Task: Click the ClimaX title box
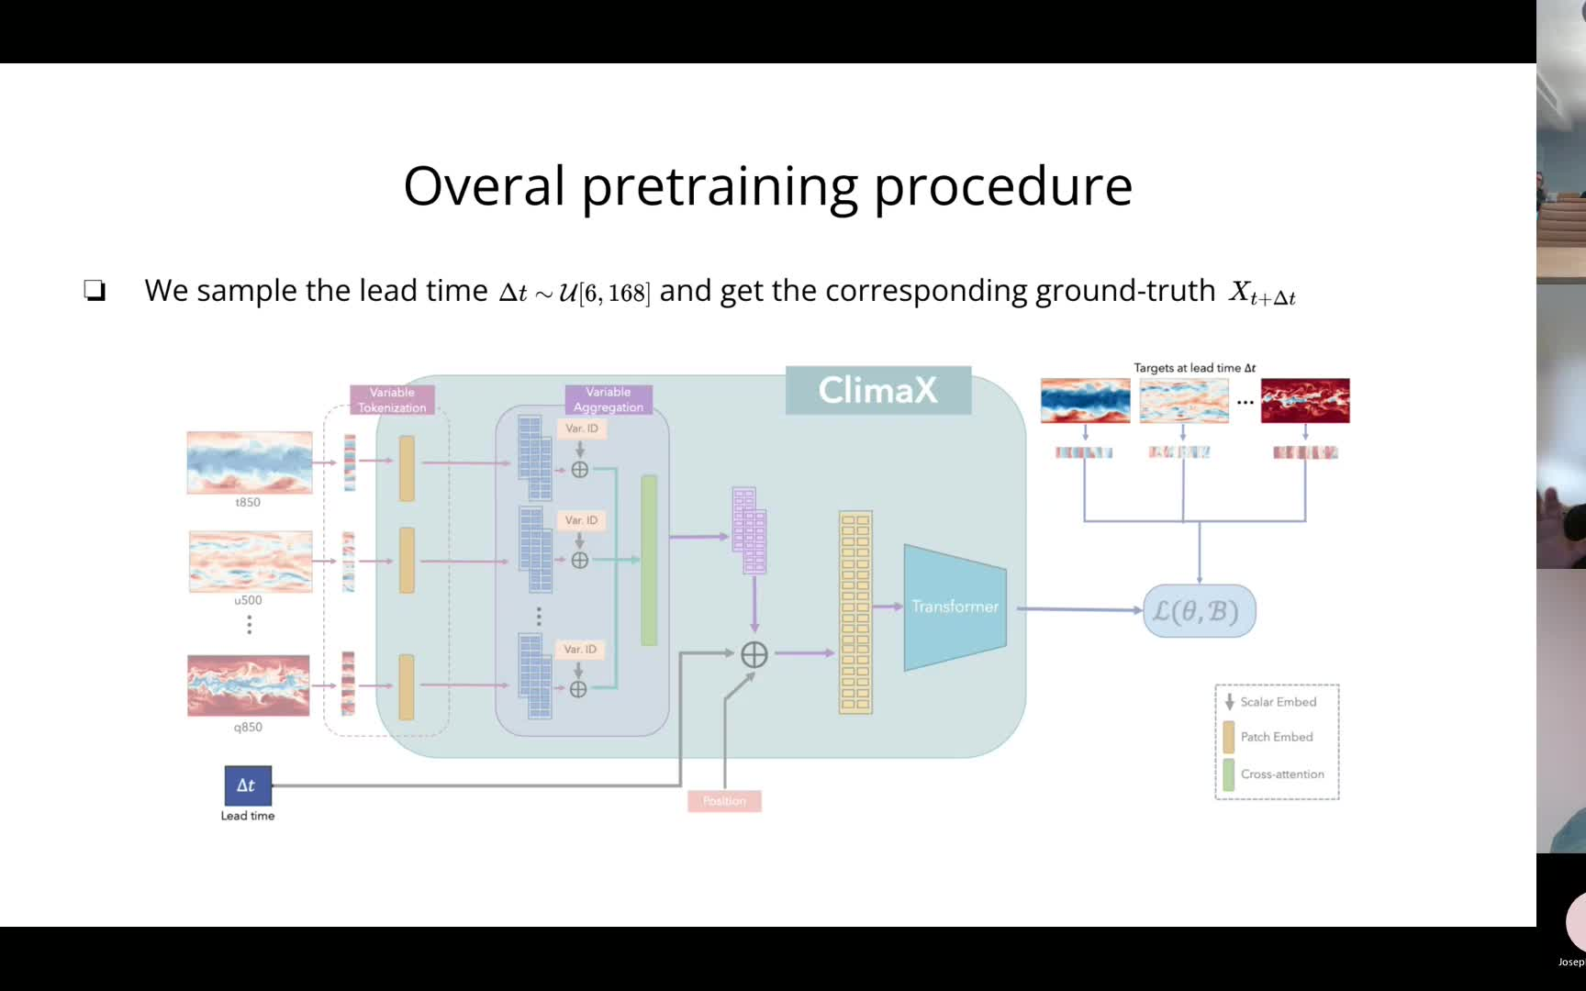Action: point(877,390)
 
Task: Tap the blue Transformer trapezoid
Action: point(955,607)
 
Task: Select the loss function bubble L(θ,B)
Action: point(1199,611)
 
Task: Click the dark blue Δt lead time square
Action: point(247,785)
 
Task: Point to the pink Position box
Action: point(724,801)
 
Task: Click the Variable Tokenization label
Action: point(392,400)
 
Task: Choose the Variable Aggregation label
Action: point(608,399)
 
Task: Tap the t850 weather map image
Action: point(250,462)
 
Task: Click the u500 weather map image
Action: point(251,561)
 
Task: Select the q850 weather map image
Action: point(249,685)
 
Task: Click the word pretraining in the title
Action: point(719,186)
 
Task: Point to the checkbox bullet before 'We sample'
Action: point(95,291)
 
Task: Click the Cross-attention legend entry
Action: point(1281,774)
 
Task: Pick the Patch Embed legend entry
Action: point(1276,737)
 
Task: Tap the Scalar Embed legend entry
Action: point(1278,702)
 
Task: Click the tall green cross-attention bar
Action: point(649,560)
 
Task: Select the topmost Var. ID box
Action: point(581,429)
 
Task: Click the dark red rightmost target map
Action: point(1304,400)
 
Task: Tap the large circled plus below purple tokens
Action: point(754,654)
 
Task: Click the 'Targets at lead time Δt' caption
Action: point(1194,368)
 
